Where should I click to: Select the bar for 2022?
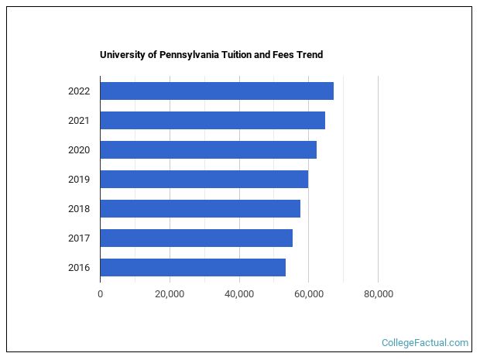pyautogui.click(x=217, y=91)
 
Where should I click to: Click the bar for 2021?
pyautogui.click(x=212, y=120)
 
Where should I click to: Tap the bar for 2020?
pyautogui.click(x=208, y=149)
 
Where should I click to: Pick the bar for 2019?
pyautogui.click(x=204, y=179)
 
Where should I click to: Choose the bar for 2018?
pyautogui.click(x=200, y=208)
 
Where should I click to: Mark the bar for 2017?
pyautogui.click(x=196, y=238)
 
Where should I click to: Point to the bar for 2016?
pyautogui.click(x=193, y=267)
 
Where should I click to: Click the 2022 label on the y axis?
pyautogui.click(x=79, y=91)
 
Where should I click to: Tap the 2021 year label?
pyautogui.click(x=79, y=120)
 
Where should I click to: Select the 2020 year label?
pyautogui.click(x=79, y=149)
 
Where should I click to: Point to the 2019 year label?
pyautogui.click(x=79, y=179)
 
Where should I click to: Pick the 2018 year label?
pyautogui.click(x=79, y=208)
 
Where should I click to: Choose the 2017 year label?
pyautogui.click(x=79, y=238)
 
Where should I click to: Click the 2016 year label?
pyautogui.click(x=79, y=267)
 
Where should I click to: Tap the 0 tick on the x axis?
pyautogui.click(x=100, y=293)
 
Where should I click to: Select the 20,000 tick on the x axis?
pyautogui.click(x=170, y=293)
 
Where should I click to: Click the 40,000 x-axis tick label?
pyautogui.click(x=238, y=293)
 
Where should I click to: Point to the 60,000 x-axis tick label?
pyautogui.click(x=308, y=293)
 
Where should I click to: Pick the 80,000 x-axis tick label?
pyautogui.click(x=378, y=293)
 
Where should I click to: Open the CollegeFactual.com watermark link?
pyautogui.click(x=425, y=342)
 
